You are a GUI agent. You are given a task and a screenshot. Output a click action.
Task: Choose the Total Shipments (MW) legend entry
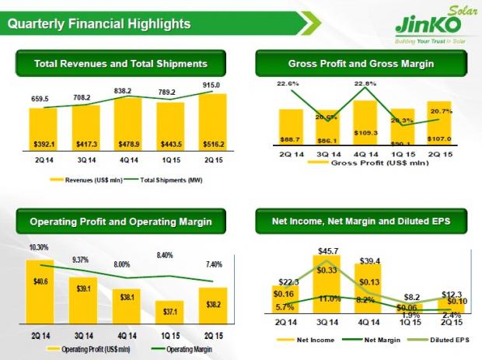pos(166,180)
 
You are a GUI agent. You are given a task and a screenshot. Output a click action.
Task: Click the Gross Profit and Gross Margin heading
pos(360,63)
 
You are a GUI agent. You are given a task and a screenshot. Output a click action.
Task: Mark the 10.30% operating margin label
pos(39,246)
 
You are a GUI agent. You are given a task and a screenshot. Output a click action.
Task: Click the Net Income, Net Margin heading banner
pos(360,223)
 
